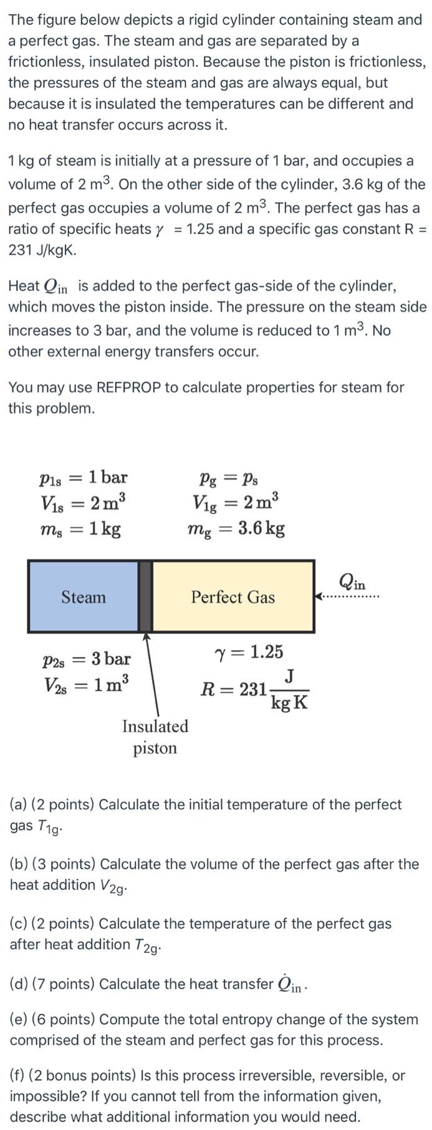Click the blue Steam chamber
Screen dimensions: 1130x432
tap(83, 596)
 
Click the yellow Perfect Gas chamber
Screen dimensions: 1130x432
tap(233, 596)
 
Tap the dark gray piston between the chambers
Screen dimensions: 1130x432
tap(145, 596)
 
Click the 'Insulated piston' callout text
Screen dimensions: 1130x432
tap(155, 737)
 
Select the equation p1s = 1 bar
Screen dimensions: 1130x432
tap(83, 477)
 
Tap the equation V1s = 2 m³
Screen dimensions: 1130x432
tap(84, 502)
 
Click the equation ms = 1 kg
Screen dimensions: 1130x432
tap(80, 529)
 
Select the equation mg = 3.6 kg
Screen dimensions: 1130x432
tap(236, 529)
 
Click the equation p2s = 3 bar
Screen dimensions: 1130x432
tap(87, 659)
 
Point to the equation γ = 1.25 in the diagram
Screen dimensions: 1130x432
tap(248, 652)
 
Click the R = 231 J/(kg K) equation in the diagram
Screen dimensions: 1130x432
tap(254, 689)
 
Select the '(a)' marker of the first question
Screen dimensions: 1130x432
tap(18, 805)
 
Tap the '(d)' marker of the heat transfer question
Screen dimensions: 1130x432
tap(19, 984)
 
